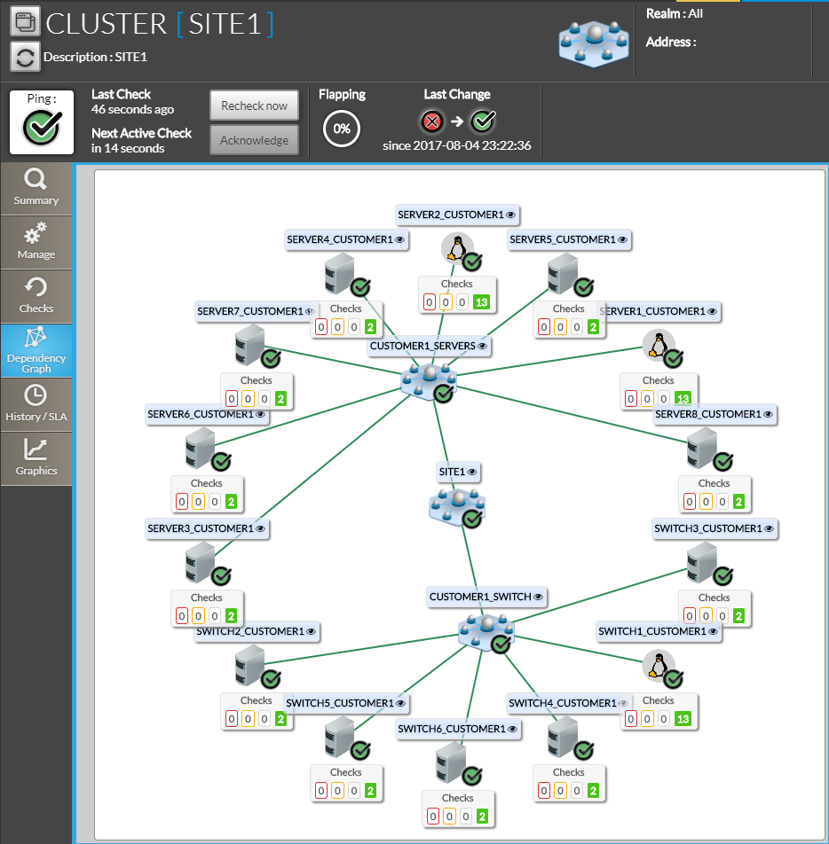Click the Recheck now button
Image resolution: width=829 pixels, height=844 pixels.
point(254,105)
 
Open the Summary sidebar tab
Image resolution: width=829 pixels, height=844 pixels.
point(36,188)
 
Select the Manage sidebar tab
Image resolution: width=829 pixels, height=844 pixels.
point(36,242)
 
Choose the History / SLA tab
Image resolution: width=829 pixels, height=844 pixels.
point(36,403)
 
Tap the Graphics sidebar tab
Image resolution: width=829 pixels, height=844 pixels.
point(36,457)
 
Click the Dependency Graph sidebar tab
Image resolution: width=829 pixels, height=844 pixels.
point(36,349)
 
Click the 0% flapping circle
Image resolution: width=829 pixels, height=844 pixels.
point(342,129)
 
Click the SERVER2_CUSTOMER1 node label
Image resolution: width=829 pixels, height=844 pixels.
point(451,215)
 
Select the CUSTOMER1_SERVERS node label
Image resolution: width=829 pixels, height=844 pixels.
point(423,346)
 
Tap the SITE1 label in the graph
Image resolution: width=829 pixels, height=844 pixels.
point(453,472)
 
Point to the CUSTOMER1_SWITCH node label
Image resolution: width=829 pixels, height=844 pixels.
point(480,597)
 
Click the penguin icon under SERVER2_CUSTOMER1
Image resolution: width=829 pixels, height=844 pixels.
point(456,248)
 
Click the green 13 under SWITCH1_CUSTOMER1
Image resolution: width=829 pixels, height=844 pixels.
point(683,718)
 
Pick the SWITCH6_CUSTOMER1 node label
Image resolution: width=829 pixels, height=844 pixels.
point(452,729)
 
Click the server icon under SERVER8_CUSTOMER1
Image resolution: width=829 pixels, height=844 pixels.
point(701,448)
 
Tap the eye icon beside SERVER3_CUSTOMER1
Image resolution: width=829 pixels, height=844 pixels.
point(260,528)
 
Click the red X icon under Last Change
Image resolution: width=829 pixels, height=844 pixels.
point(432,121)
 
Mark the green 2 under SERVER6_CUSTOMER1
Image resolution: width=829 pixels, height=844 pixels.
point(231,502)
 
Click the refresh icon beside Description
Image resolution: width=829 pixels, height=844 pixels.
point(26,58)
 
